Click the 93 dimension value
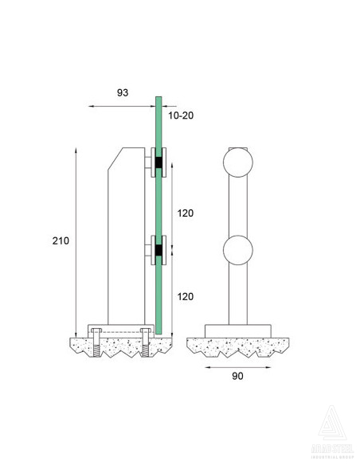coord(122,92)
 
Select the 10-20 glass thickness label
coord(180,115)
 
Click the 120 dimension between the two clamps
coord(184,213)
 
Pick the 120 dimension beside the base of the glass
coord(184,296)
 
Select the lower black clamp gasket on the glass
coord(159,253)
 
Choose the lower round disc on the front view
coord(237,252)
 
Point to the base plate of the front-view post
coord(237,330)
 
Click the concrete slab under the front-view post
coord(237,346)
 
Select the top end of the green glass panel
coord(158,100)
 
